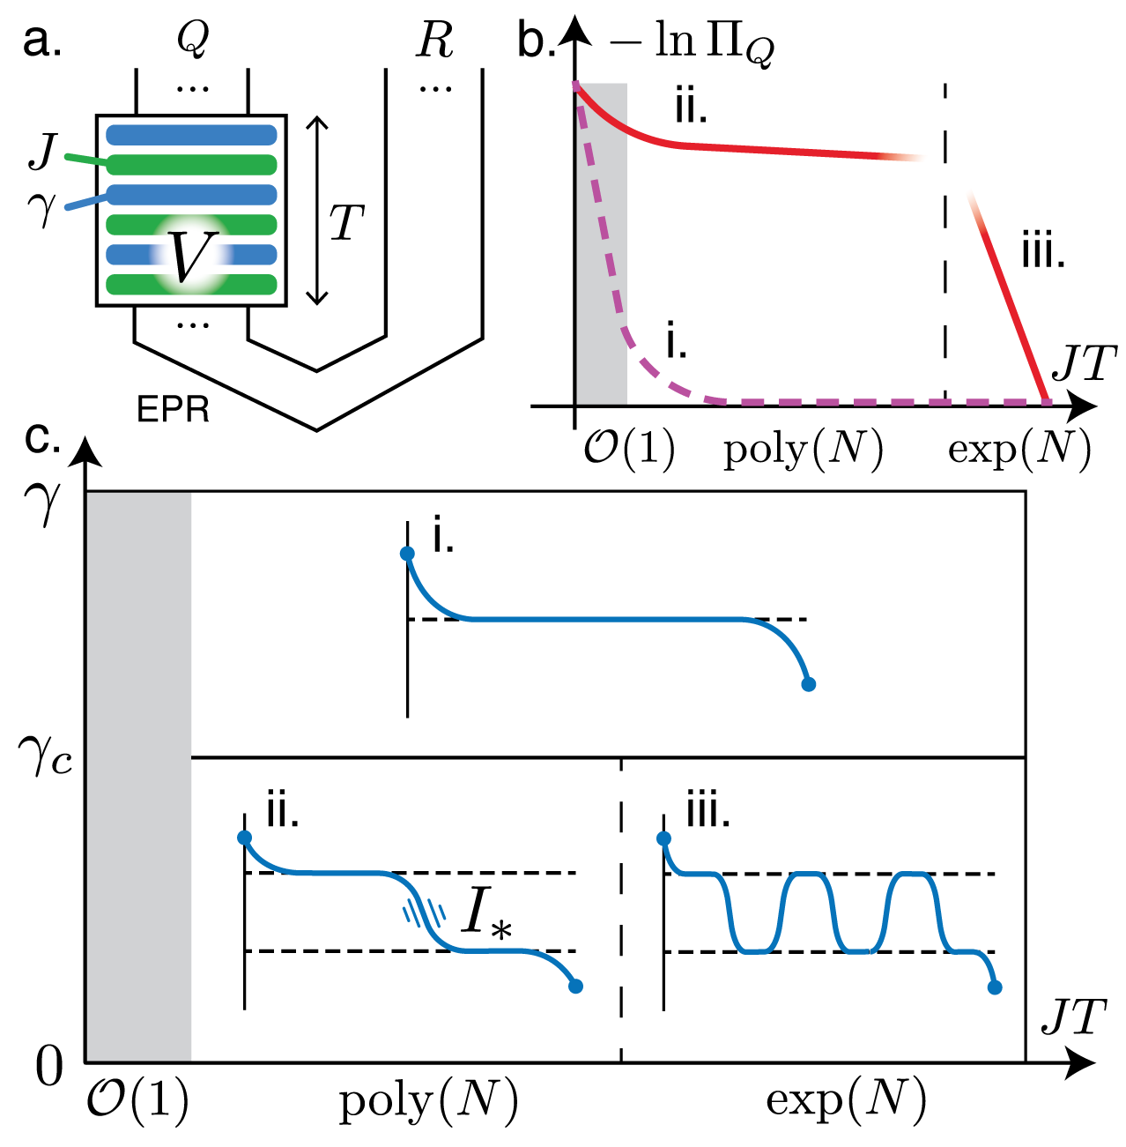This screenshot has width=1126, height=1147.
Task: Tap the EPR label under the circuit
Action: (174, 410)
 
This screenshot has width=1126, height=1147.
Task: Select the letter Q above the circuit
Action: (192, 40)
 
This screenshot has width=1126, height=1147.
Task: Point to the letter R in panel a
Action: (435, 41)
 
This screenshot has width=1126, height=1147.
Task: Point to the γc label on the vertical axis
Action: (43, 756)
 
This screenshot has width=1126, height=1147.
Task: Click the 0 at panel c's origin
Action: (49, 1067)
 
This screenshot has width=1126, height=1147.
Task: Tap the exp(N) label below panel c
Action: (846, 1099)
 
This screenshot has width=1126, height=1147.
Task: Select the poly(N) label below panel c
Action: (429, 1099)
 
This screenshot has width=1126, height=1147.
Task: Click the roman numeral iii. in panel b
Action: (1043, 254)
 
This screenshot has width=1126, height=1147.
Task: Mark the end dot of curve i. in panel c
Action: (808, 683)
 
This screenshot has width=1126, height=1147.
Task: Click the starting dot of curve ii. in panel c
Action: (244, 837)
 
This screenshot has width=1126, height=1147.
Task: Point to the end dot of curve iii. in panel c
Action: (995, 987)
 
